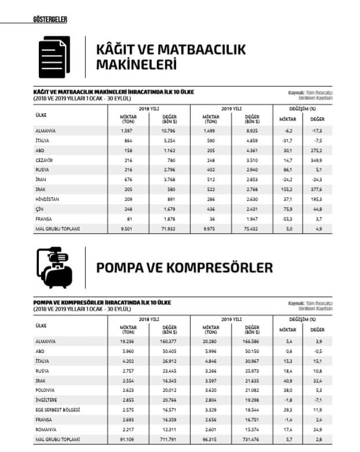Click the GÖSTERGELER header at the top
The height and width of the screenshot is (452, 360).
tap(51, 20)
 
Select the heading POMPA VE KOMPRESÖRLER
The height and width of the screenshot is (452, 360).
tap(184, 268)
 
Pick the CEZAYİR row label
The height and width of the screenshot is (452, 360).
tap(44, 160)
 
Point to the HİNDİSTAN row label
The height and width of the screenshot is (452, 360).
tap(46, 199)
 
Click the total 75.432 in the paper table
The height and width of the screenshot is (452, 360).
tap(251, 229)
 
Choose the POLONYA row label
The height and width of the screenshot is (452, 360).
tap(45, 390)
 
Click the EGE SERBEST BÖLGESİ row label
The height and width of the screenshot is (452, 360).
tap(56, 410)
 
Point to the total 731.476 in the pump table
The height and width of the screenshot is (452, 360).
tap(250, 440)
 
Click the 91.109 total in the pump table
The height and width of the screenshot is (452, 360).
tap(128, 440)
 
